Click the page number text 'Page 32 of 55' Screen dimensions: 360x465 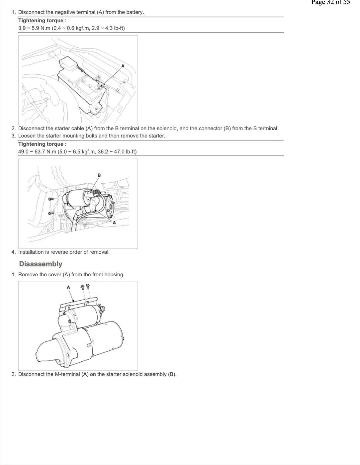[x=330, y=2]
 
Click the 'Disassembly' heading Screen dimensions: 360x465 [x=41, y=264]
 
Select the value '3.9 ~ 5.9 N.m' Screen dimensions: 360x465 [x=34, y=28]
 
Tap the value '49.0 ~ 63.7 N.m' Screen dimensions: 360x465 [x=37, y=152]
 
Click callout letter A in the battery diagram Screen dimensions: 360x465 [x=123, y=66]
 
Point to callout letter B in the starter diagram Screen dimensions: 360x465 [x=99, y=175]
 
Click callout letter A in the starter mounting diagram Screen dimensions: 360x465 [x=114, y=223]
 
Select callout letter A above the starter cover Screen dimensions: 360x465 [x=68, y=287]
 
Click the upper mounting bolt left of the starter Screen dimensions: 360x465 [x=51, y=199]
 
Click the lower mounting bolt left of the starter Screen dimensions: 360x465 [x=51, y=213]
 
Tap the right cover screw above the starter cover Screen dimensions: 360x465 [x=88, y=286]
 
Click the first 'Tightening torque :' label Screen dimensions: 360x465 [x=43, y=21]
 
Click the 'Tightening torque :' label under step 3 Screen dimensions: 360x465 [x=43, y=144]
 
